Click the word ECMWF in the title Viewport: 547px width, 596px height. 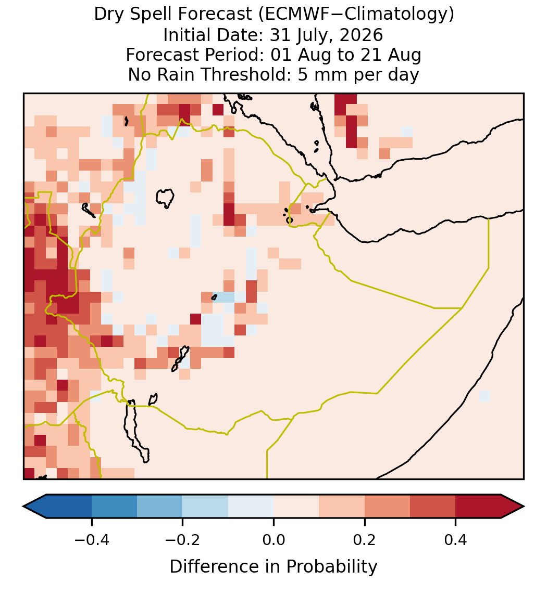click(x=291, y=15)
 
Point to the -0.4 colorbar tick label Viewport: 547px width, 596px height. click(x=92, y=540)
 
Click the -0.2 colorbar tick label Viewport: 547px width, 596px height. click(x=183, y=540)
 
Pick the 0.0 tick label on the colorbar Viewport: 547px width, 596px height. click(x=273, y=540)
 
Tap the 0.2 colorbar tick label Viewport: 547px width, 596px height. click(x=365, y=540)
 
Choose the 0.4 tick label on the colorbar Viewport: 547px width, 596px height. click(x=456, y=540)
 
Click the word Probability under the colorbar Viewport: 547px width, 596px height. click(x=331, y=567)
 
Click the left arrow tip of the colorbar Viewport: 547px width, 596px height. click(x=23, y=507)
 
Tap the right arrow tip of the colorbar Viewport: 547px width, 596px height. click(x=524, y=507)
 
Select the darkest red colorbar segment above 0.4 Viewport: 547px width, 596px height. click(x=478, y=507)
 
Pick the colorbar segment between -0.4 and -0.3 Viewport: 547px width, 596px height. click(x=114, y=507)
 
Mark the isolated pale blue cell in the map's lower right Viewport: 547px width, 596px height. click(x=484, y=396)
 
